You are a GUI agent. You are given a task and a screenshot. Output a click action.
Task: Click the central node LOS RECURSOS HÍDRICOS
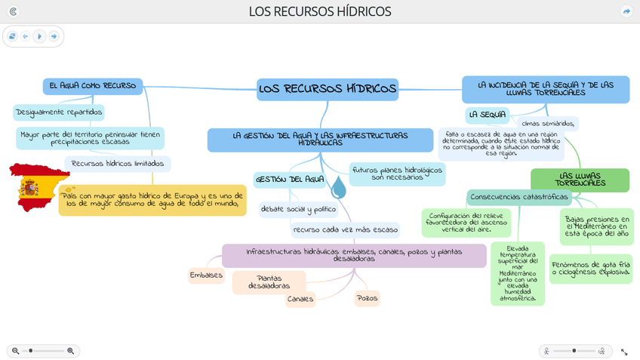click(x=327, y=89)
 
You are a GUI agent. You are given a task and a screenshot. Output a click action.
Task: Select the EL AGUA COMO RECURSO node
click(x=92, y=86)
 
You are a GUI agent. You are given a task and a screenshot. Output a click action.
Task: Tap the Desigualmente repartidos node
click(x=59, y=112)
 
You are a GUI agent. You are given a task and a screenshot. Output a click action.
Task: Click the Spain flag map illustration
click(x=36, y=186)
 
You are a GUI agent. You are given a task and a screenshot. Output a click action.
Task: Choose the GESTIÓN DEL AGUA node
click(x=290, y=180)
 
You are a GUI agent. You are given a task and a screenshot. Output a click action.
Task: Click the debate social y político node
click(x=298, y=209)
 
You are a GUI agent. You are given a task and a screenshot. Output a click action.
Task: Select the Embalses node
click(x=206, y=275)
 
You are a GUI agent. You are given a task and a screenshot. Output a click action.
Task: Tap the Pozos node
click(x=367, y=298)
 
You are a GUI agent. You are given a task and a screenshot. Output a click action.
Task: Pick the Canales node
click(x=300, y=299)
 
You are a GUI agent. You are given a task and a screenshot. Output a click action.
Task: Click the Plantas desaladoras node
click(x=269, y=282)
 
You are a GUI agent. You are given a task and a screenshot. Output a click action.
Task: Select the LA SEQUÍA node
click(x=487, y=115)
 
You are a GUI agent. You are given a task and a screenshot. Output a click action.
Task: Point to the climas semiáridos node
click(x=548, y=124)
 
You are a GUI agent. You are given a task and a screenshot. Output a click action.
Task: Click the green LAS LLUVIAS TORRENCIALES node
click(x=580, y=180)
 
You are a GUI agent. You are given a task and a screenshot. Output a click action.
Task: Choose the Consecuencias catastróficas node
click(x=518, y=197)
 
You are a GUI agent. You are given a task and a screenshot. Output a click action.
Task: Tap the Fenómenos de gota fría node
click(x=590, y=269)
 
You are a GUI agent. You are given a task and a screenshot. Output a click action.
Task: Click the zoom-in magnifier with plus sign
click(x=71, y=351)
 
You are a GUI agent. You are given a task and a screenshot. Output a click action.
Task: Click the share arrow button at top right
click(x=626, y=11)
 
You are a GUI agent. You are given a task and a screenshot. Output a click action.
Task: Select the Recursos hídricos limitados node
click(x=117, y=164)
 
